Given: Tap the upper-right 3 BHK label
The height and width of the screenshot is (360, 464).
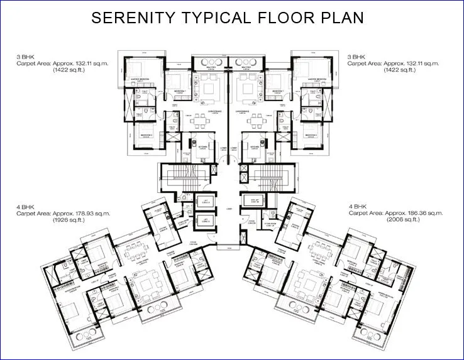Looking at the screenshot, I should [357, 57].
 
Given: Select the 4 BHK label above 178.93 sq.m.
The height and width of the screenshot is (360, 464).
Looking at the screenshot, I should [26, 206].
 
